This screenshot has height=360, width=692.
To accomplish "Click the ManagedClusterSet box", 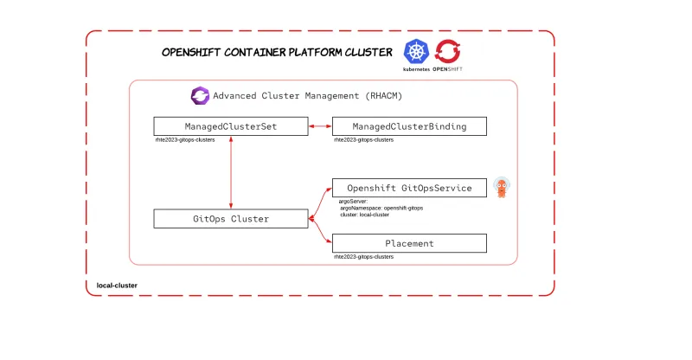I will pyautogui.click(x=230, y=126).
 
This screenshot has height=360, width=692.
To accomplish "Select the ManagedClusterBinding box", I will pyautogui.click(x=410, y=126).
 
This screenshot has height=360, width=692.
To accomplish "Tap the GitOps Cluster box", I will pyautogui.click(x=230, y=219).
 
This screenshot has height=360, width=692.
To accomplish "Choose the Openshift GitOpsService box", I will pyautogui.click(x=410, y=188).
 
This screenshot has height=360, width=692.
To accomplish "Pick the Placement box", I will pyautogui.click(x=410, y=243).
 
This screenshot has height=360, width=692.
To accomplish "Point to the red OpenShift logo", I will pyautogui.click(x=447, y=51).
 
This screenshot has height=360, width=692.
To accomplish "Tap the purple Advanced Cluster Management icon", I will pyautogui.click(x=200, y=95).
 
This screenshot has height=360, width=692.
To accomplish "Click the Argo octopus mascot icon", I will pyautogui.click(x=501, y=188).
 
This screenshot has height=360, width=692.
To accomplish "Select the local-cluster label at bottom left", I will pyautogui.click(x=117, y=285).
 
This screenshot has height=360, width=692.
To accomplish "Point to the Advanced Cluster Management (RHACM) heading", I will pyautogui.click(x=308, y=95).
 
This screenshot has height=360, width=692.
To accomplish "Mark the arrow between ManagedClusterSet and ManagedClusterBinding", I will pyautogui.click(x=320, y=126).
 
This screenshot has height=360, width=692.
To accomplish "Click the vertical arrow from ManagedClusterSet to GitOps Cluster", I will pyautogui.click(x=231, y=172).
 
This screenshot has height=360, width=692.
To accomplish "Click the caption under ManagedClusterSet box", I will pyautogui.click(x=184, y=139).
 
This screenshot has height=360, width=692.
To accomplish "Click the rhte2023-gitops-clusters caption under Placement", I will pyautogui.click(x=363, y=257).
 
